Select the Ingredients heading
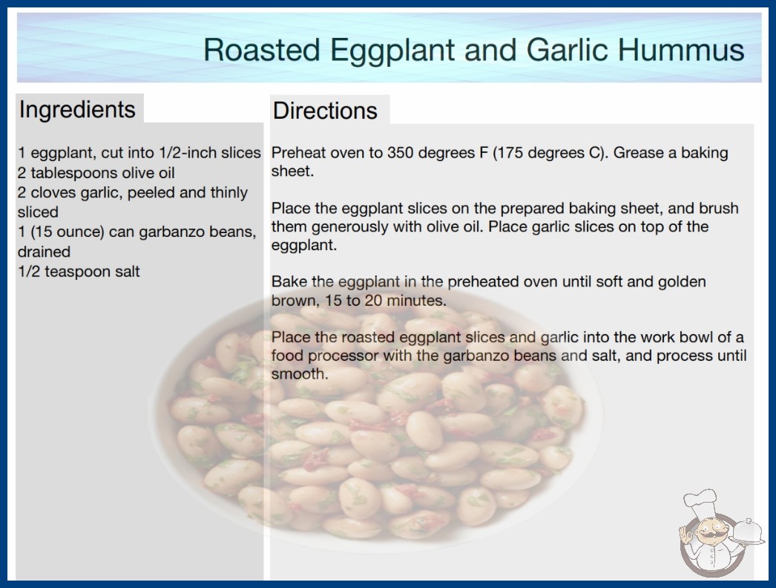point(77,110)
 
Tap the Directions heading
point(325,111)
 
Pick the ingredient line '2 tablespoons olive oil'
point(96,173)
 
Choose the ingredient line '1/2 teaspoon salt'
point(79,272)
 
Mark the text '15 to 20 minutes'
point(385,301)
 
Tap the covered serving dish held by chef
point(747,531)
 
